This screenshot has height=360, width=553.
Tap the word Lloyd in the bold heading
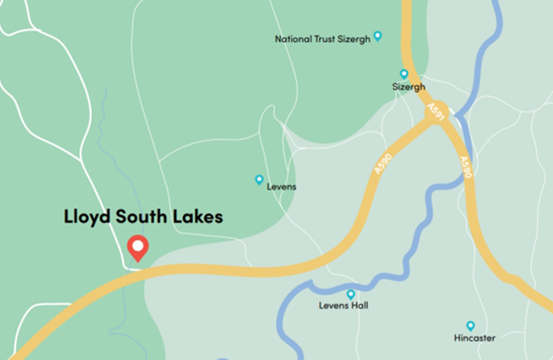pos(87,216)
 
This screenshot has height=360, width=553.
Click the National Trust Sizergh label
pos(322,39)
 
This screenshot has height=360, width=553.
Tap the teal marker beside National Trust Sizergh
pos(378,36)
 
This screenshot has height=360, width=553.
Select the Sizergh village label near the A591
pos(409,87)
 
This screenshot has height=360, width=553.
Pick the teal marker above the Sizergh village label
pos(404,74)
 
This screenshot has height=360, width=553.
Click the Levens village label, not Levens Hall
pos(281,187)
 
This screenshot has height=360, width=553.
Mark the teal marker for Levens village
pos(259,179)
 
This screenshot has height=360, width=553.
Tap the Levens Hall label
pos(344,305)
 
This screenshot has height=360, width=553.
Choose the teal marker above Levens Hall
pos(351,294)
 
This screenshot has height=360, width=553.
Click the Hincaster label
pos(475,338)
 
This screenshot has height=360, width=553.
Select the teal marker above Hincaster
pos(470,325)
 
